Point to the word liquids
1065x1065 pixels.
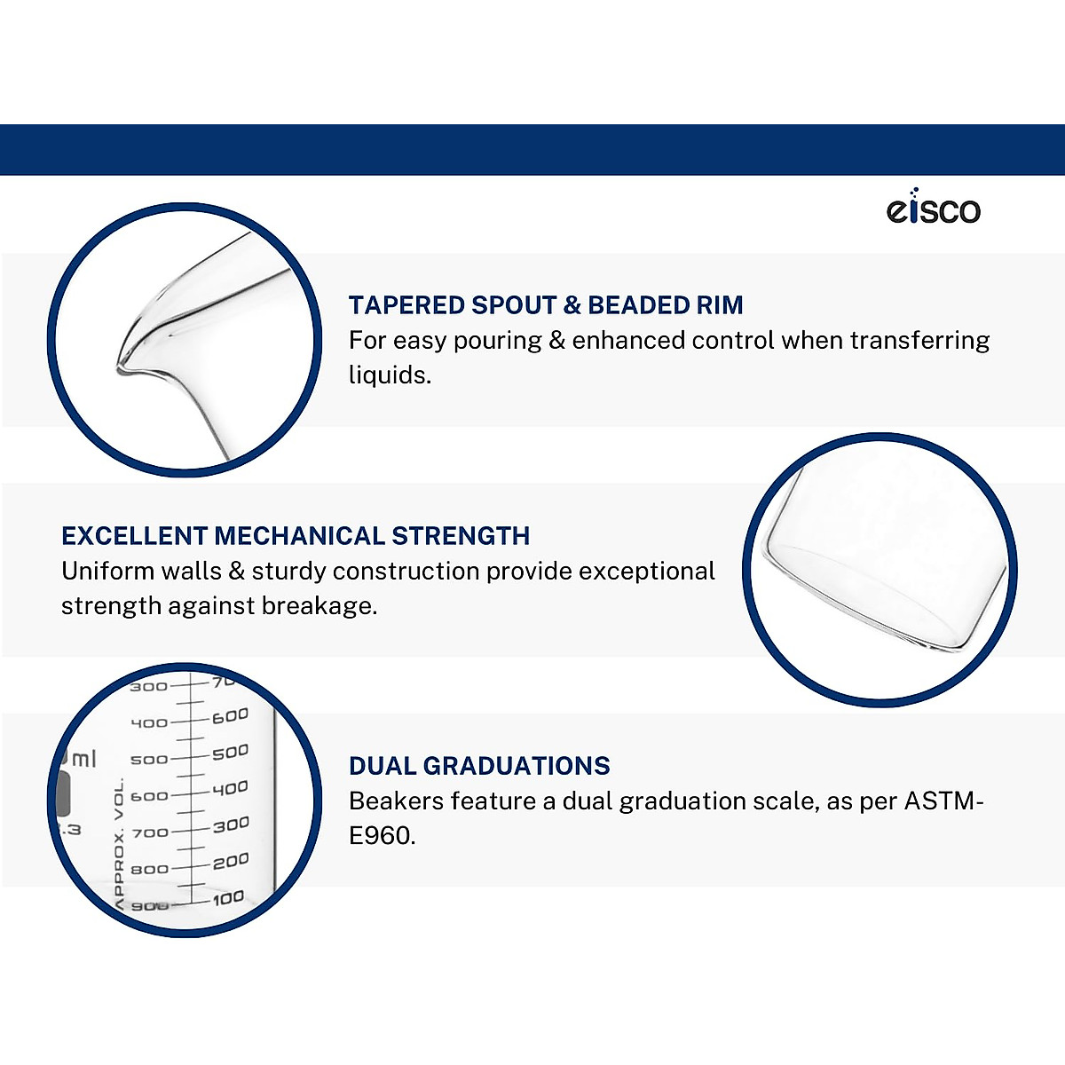(390, 375)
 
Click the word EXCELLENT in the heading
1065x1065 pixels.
(134, 535)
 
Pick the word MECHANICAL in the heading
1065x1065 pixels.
(299, 535)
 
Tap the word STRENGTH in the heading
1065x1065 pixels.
(461, 535)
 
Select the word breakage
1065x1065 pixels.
(319, 606)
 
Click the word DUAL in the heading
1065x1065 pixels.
(382, 766)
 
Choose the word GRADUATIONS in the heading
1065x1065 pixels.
(517, 766)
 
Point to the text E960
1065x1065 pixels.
(382, 836)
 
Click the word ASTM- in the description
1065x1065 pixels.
(944, 801)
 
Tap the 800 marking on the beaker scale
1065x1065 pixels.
(149, 870)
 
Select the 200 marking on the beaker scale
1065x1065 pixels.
(231, 862)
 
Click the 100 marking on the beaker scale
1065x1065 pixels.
(228, 898)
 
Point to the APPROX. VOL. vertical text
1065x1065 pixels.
(119, 844)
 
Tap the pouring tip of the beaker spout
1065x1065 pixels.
(120, 368)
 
